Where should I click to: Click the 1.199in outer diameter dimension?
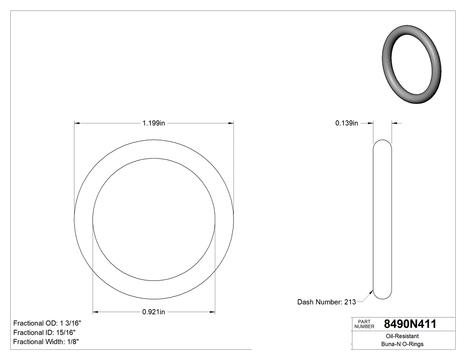point(154,123)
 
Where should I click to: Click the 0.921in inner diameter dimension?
point(154,312)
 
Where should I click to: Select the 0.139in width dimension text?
point(347,123)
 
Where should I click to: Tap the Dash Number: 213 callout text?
point(326,302)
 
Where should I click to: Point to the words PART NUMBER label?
point(364,324)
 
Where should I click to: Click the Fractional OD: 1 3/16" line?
point(47,323)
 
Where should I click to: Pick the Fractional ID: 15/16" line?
point(44,332)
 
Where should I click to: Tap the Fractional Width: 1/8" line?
point(47,342)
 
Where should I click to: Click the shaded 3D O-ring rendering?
point(411,67)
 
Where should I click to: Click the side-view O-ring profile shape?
point(383,219)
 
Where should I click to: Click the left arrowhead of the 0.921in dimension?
point(95,312)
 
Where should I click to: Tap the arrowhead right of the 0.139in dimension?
point(395,123)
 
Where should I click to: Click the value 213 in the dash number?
point(350,302)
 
